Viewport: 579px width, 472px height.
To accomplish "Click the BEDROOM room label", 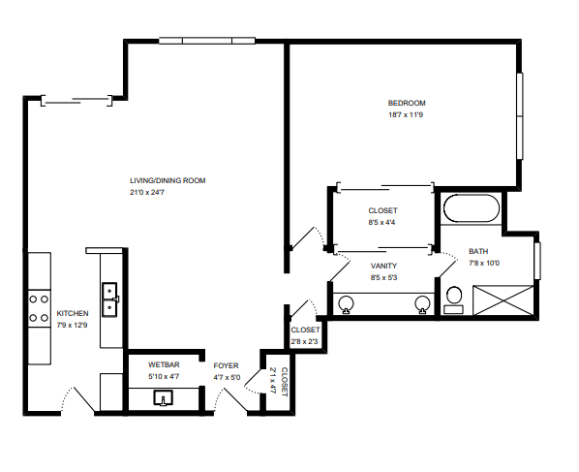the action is (407, 103).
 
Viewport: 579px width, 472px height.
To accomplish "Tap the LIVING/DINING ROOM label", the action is (168, 180).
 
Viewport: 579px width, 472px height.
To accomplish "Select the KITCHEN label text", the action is (73, 313).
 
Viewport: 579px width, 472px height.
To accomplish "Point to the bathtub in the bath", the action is (472, 208).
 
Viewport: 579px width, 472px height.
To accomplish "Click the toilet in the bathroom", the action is (454, 300).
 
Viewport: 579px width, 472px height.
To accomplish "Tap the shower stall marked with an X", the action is (503, 300).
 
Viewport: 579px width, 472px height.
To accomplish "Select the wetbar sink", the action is (164, 398).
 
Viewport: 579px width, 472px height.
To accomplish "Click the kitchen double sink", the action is (110, 299).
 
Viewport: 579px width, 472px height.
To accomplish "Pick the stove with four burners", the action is (39, 308).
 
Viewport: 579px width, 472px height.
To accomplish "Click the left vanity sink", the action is (346, 304).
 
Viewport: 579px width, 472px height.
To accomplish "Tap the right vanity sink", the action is (422, 304).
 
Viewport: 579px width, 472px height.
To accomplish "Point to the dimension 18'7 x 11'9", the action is (406, 115).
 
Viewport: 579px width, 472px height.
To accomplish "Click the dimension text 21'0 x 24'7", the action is (147, 193).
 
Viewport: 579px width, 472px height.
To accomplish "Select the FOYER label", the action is (226, 366).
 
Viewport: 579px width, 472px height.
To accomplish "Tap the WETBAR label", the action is (164, 364).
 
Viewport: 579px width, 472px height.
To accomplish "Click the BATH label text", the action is (478, 251).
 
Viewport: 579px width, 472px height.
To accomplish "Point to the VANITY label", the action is (384, 266).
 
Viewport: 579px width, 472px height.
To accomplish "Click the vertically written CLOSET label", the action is (285, 382).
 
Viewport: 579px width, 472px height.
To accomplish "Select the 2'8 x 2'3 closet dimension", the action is (304, 341).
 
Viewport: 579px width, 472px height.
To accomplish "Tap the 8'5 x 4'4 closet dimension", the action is (381, 223).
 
